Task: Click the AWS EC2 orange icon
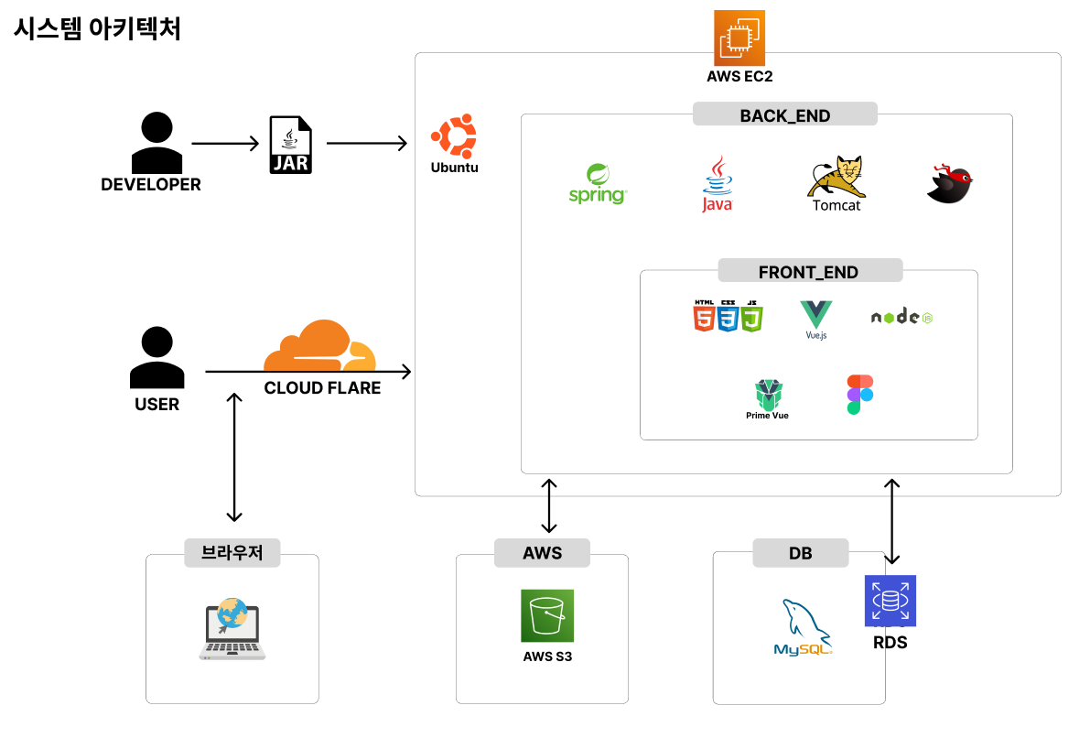pos(739,37)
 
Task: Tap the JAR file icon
pos(290,145)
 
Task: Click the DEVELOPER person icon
pos(157,144)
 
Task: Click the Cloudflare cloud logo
pos(320,345)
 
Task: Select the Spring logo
pos(598,184)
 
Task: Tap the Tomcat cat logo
pos(836,178)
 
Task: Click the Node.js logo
pos(901,317)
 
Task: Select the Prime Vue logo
pos(768,396)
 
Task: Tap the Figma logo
pos(859,395)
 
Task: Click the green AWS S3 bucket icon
pos(547,615)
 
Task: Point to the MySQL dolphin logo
pos(803,628)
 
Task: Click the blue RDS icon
pos(890,601)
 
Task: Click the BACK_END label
pos(784,115)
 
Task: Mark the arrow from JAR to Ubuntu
pos(366,144)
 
